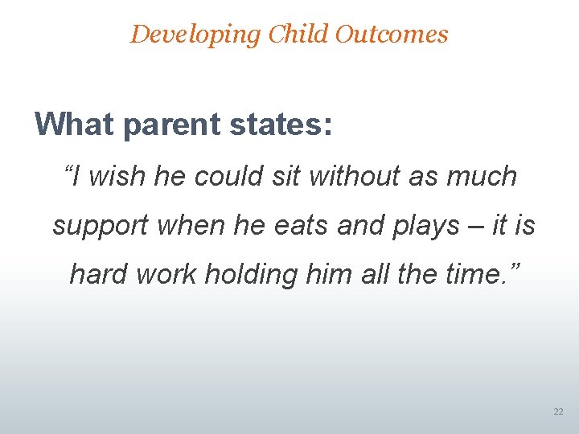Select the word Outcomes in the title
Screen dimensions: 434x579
click(x=392, y=35)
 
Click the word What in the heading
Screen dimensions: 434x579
click(x=72, y=125)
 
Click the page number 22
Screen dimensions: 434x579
click(x=558, y=411)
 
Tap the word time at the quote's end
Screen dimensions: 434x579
click(x=479, y=274)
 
